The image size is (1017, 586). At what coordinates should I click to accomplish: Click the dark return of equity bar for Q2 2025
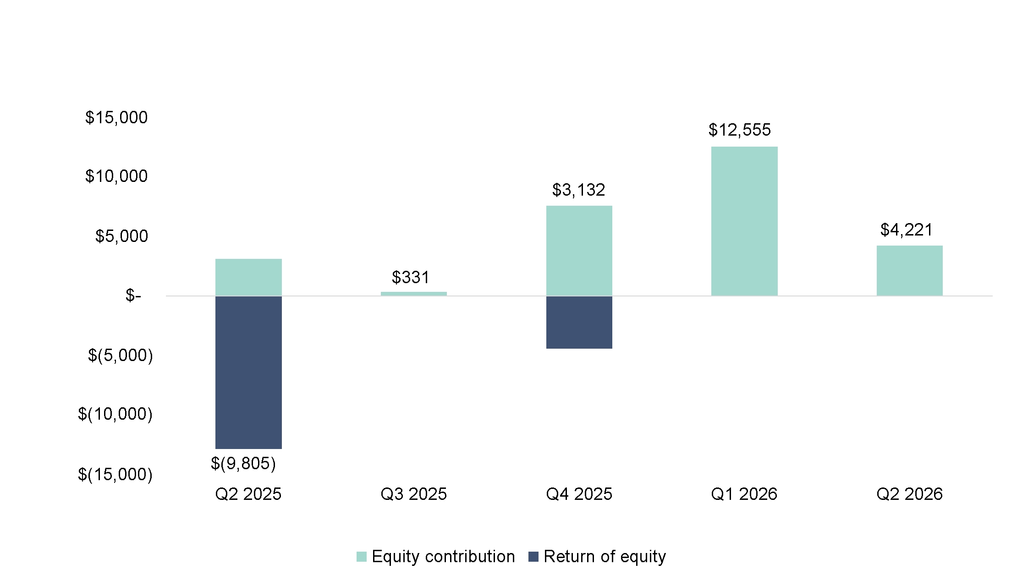coord(248,372)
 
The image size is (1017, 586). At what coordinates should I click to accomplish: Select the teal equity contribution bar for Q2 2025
coord(248,277)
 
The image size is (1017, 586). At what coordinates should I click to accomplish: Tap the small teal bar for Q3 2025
coord(413,294)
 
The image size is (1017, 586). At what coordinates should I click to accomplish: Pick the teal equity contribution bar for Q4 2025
coord(579,251)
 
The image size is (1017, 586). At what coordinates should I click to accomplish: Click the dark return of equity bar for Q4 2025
coord(579,322)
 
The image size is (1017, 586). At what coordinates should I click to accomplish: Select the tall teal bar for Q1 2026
coord(744,221)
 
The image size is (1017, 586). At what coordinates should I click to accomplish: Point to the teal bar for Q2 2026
coord(909,271)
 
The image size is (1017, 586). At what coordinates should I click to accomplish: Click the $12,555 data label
coord(739,130)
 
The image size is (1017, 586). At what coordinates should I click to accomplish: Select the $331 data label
coord(411,277)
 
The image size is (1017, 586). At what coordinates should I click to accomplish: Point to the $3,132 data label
coord(578,190)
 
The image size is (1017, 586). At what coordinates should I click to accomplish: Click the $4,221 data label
coord(907,230)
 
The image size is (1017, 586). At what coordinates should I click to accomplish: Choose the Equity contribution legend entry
coord(436,556)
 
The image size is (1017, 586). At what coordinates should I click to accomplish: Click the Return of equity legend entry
coord(597,556)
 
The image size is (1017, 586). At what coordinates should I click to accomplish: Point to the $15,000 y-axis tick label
coord(116,118)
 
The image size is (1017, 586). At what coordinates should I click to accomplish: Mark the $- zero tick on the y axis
coord(133,296)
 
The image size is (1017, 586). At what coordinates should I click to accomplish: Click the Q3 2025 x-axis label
coord(413,494)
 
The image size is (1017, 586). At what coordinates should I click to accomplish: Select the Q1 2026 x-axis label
coord(744,494)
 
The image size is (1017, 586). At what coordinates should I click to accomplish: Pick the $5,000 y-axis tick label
coord(121,236)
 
